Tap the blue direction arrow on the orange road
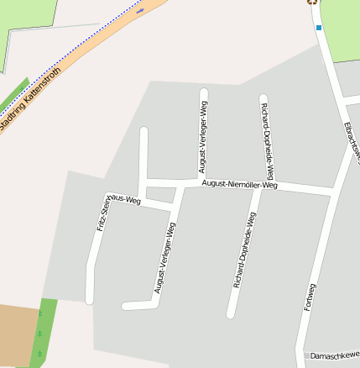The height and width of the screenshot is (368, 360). pos(140,10)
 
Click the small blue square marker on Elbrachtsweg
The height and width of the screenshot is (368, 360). pos(319,28)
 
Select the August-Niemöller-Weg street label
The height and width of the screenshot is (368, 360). pos(239,184)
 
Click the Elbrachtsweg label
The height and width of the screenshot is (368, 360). pos(352,143)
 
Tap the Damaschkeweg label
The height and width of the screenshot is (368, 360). pos(334,356)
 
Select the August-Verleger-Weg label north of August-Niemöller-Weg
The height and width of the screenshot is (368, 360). pos(202,137)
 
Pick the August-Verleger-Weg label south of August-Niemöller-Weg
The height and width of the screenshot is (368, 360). pos(165,257)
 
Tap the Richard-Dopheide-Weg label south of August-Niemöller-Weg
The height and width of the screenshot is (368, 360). pos(243,250)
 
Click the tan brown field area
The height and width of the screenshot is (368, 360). pos(17,335)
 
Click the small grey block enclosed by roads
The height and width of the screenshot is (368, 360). pos(160,194)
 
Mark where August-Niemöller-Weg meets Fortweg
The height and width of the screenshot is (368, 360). pos(334,193)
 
